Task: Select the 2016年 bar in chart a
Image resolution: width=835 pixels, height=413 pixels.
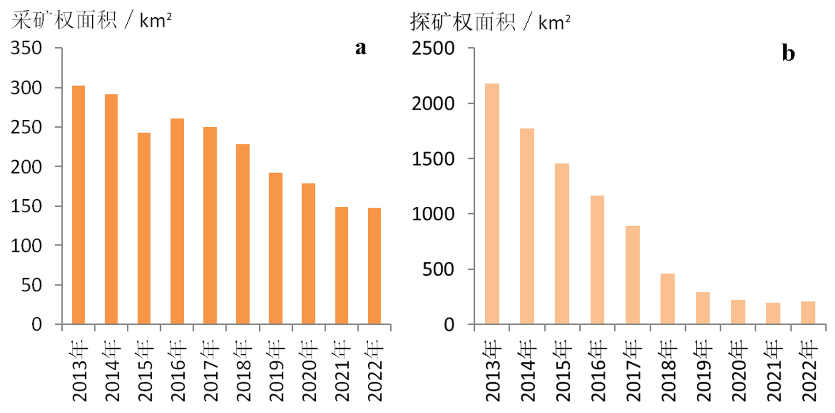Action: point(177,221)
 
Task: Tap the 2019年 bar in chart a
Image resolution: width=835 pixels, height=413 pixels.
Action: point(276,248)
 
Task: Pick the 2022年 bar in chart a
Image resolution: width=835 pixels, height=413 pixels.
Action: point(374,265)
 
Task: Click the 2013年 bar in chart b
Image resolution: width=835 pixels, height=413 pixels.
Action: point(492,204)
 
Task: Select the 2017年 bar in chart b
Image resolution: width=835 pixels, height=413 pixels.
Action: point(632,275)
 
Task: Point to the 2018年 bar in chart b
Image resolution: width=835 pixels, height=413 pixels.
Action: point(668,299)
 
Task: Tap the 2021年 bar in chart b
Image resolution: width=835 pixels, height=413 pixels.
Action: point(773,313)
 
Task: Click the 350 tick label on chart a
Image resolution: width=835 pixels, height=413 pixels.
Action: point(26,48)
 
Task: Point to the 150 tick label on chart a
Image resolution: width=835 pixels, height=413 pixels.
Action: point(26,206)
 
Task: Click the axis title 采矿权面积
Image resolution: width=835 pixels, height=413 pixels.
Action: point(64,20)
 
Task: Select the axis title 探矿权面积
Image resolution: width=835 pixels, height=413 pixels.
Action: point(463,22)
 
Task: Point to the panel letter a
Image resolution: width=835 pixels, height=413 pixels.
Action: point(361,47)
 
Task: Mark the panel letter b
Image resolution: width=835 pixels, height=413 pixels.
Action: point(788,53)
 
